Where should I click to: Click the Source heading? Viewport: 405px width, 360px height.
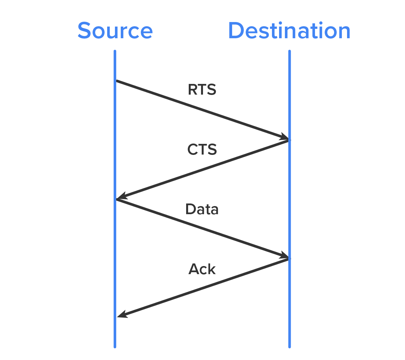115,31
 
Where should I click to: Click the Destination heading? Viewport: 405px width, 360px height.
289,31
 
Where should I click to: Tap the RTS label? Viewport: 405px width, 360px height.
202,89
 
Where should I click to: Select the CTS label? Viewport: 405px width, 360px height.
202,149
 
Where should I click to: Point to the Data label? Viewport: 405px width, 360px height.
202,209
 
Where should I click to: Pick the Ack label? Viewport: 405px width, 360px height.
202,269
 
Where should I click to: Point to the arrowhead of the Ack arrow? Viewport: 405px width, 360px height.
121,315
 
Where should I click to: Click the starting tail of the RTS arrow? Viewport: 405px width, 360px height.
117,81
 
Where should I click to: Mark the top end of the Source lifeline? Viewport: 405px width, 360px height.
115,51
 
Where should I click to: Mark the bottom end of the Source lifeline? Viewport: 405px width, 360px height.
115,347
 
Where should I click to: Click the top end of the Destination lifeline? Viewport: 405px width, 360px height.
289,51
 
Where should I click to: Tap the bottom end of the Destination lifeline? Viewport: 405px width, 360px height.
289,347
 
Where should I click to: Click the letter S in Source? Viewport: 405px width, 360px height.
84,31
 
